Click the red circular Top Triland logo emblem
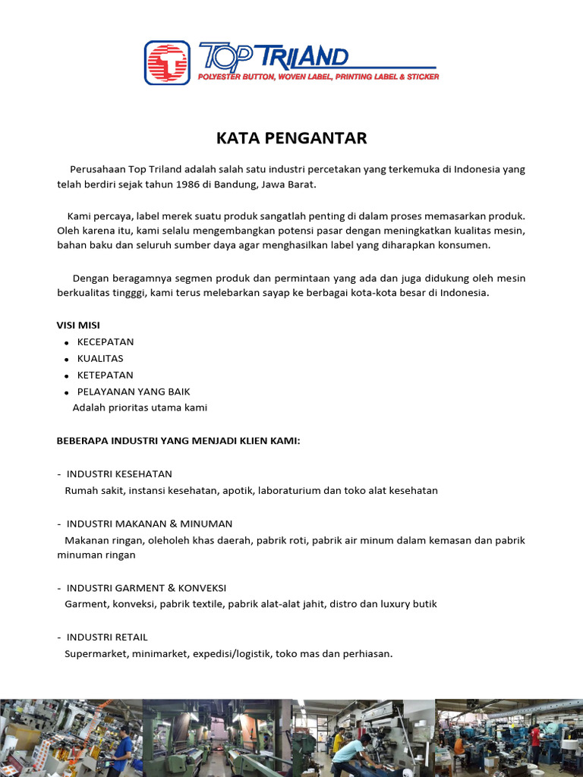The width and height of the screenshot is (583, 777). pyautogui.click(x=167, y=62)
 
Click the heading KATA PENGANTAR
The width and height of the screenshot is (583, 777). pyautogui.click(x=291, y=138)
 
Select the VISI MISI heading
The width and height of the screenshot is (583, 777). pyautogui.click(x=78, y=325)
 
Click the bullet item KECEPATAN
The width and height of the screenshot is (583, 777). pyautogui.click(x=106, y=341)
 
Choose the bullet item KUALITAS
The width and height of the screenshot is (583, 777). pyautogui.click(x=100, y=358)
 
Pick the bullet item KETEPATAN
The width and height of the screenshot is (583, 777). pyautogui.click(x=105, y=375)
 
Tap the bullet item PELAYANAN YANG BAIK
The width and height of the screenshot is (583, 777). pyautogui.click(x=134, y=392)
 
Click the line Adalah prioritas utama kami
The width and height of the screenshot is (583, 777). pyautogui.click(x=140, y=407)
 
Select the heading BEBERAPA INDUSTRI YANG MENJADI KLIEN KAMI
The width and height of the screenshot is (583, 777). pyautogui.click(x=178, y=441)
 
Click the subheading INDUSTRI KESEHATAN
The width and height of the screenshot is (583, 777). pyautogui.click(x=119, y=473)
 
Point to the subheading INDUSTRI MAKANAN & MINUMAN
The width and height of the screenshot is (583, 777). pyautogui.click(x=149, y=524)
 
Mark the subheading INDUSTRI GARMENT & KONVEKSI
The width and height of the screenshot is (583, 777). pyautogui.click(x=146, y=588)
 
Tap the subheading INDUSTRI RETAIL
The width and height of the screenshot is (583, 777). pyautogui.click(x=107, y=637)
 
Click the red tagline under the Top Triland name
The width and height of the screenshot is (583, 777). pyautogui.click(x=318, y=77)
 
